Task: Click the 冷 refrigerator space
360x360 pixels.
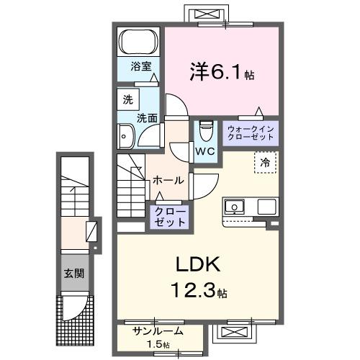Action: click(265, 163)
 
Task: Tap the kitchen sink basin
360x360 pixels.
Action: click(235, 208)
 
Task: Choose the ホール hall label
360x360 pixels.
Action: click(168, 180)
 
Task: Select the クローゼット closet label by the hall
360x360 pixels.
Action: click(168, 217)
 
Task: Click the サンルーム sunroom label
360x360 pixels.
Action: click(158, 331)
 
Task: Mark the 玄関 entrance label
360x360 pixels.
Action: click(73, 274)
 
